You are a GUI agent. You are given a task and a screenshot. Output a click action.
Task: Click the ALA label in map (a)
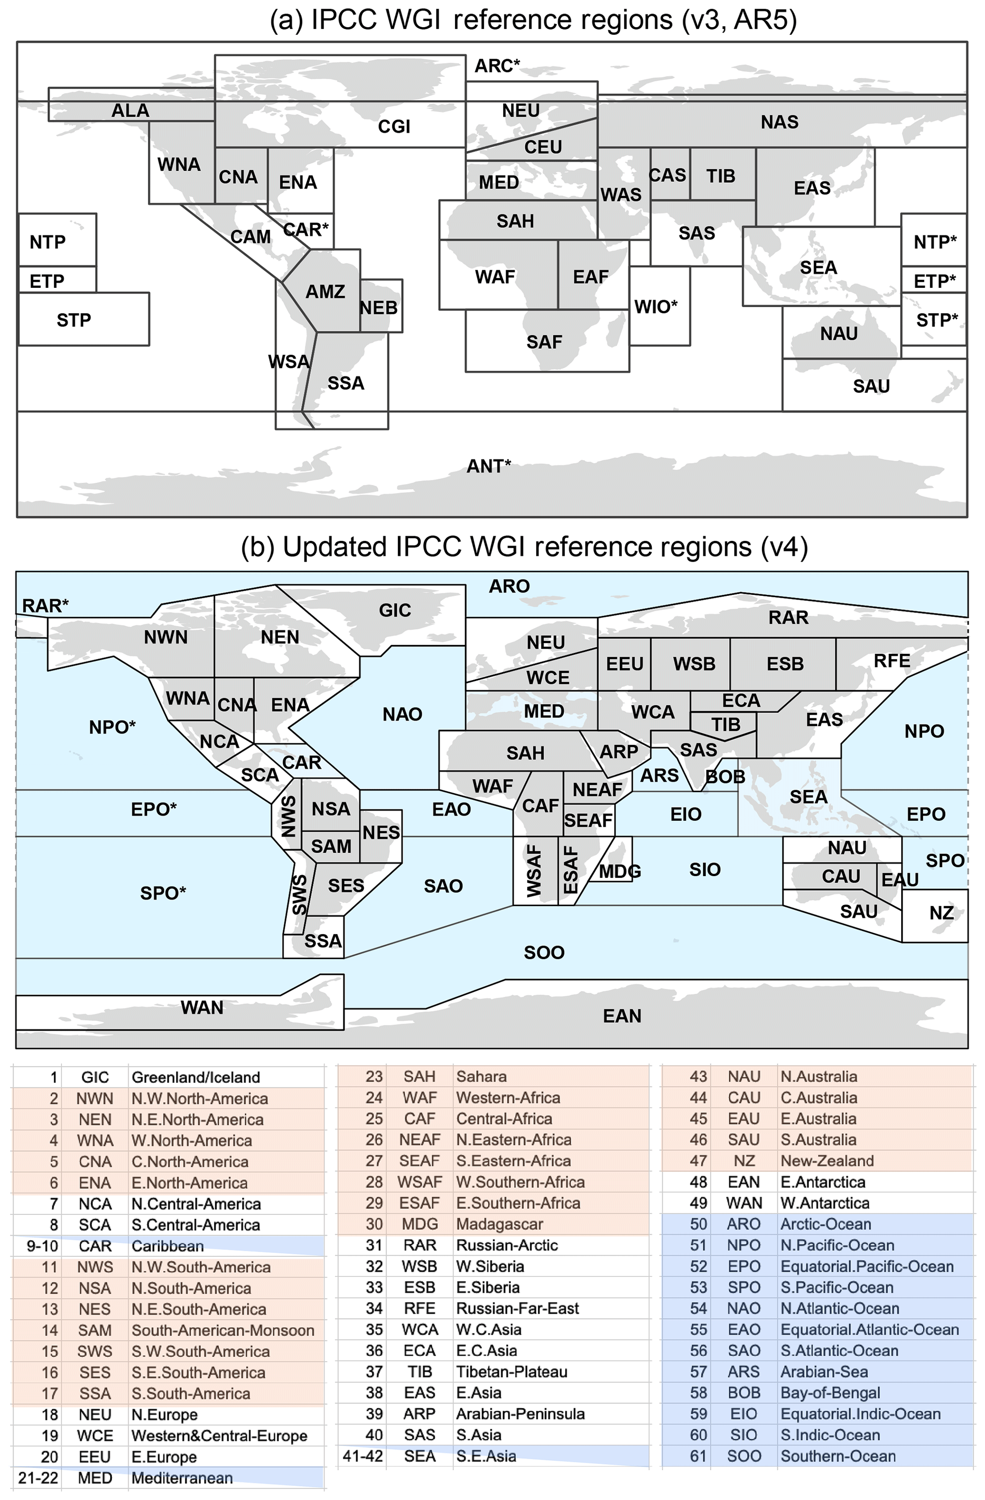131,111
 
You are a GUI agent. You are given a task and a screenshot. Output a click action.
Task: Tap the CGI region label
394,127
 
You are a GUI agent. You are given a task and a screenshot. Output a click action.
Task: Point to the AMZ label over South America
325,292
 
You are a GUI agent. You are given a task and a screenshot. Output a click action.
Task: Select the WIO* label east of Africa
655,307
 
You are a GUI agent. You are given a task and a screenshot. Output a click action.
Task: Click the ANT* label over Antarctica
488,466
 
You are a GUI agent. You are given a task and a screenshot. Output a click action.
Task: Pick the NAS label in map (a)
780,122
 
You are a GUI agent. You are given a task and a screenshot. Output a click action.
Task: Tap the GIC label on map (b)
395,610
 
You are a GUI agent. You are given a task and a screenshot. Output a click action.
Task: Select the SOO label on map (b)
544,952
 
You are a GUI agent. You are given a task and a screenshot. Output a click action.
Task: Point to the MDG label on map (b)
619,872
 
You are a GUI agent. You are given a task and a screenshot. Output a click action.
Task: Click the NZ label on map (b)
941,913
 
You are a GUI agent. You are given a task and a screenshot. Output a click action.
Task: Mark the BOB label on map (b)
725,776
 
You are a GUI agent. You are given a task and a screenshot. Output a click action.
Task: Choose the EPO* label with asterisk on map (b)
154,809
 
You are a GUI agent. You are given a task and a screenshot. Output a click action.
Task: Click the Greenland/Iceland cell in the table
195,1077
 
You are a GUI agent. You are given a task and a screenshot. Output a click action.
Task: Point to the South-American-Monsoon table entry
223,1330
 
